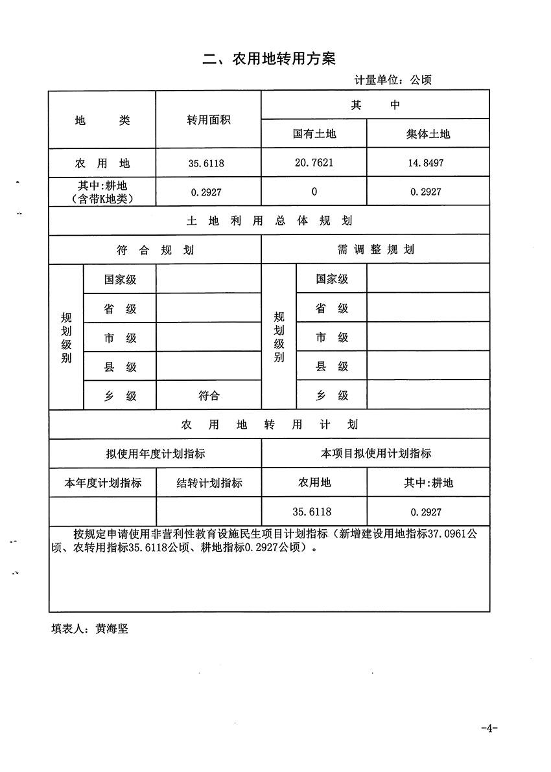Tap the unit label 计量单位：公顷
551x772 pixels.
(393, 80)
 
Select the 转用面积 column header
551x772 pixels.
(209, 120)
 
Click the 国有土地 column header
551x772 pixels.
(314, 134)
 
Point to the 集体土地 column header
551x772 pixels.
(427, 134)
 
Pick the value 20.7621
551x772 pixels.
(314, 163)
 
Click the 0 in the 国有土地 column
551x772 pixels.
(314, 192)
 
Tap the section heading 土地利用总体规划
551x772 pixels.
(269, 221)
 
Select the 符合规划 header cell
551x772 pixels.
(155, 250)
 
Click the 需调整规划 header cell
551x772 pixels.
(376, 250)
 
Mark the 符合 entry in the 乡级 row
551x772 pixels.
(209, 396)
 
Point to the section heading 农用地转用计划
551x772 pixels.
(269, 425)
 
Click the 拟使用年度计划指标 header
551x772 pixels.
(156, 454)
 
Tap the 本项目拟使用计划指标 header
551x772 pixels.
(376, 454)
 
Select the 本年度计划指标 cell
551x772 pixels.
(102, 483)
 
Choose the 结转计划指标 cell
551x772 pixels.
(209, 483)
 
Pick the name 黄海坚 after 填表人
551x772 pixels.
(111, 629)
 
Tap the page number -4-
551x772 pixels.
(489, 728)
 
